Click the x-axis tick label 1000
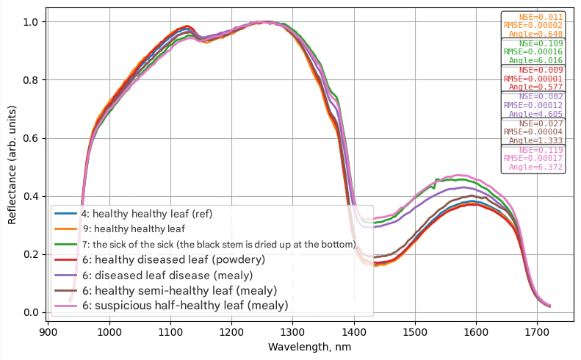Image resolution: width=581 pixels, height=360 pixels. point(109,332)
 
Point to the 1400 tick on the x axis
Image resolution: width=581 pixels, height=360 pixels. point(354,332)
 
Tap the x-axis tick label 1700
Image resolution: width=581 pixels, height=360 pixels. point(538,332)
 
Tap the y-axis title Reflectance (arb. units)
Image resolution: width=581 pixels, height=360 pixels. point(12,167)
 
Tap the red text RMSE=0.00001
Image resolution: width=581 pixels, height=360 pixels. point(533,79)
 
